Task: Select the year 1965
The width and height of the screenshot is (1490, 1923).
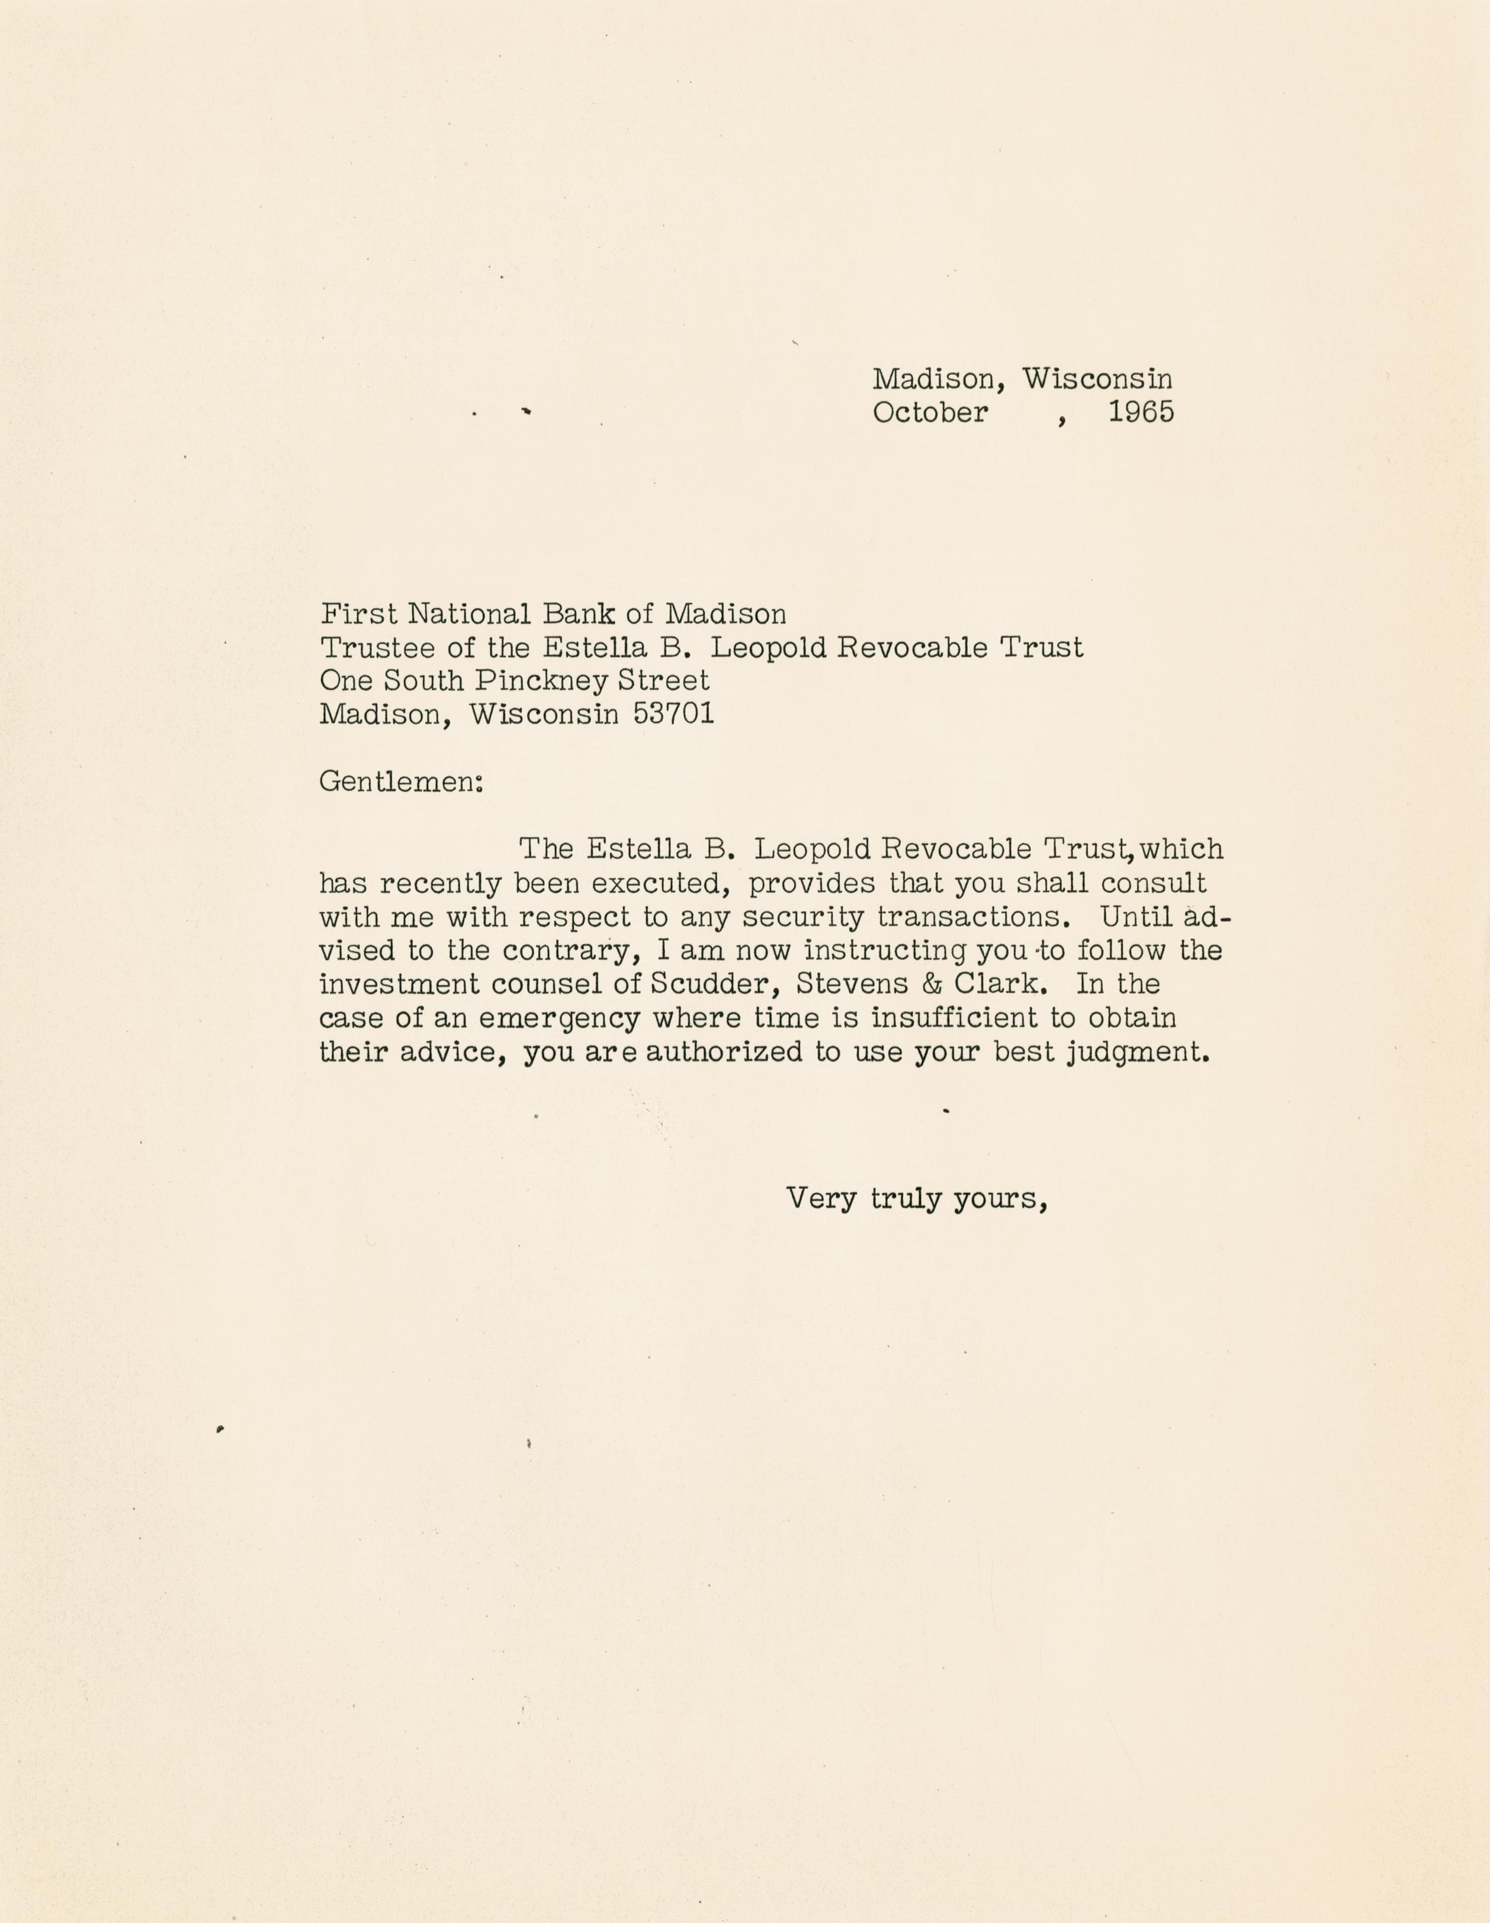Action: coord(1141,412)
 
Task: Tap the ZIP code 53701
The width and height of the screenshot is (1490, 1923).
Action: coord(674,713)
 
